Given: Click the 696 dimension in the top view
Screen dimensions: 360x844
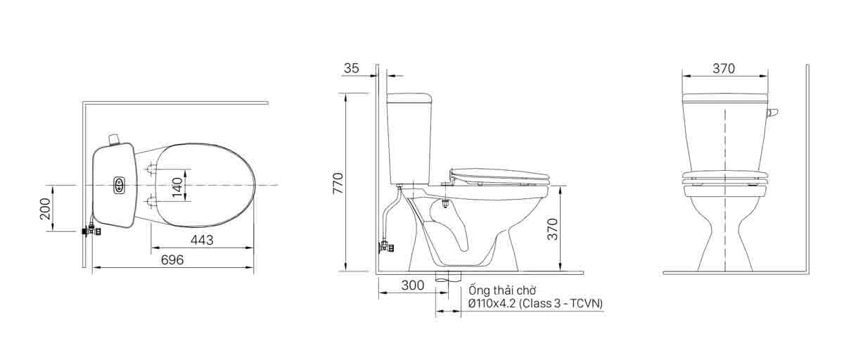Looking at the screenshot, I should pos(172,260).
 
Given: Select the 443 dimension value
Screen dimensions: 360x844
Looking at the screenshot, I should pos(202,240).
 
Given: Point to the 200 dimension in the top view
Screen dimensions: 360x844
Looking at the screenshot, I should pos(46,208).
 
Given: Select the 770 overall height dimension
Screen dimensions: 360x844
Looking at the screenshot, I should pos(338,183).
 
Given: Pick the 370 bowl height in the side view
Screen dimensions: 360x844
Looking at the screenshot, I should pos(552,229).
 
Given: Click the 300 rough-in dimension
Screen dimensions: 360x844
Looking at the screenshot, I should pos(413,285).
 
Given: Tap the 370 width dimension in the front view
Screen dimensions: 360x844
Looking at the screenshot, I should pos(724,68).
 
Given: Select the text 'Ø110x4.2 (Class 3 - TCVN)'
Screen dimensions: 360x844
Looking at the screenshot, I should pos(535,303).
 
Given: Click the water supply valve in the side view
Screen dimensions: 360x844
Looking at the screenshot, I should pos(386,247).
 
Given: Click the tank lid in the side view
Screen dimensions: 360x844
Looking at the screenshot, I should pos(409,96).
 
